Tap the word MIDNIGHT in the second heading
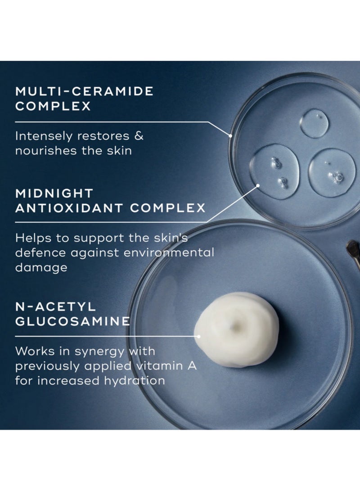tap(54, 193)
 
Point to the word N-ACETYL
tap(55, 306)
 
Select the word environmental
tap(171, 252)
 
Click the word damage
tap(41, 267)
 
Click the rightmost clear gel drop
tap(332, 172)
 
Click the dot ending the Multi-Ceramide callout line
tap(230, 135)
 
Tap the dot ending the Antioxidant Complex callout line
tap(258, 185)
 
